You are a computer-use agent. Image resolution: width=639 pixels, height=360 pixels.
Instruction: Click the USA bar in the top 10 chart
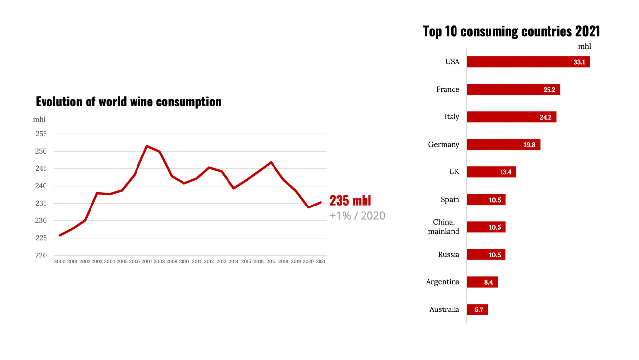[528, 62]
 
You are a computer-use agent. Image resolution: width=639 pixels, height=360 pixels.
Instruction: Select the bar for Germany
[503, 145]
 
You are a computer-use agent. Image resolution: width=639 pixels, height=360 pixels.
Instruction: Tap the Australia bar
[477, 309]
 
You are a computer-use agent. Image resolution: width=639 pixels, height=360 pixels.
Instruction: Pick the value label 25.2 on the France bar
[549, 90]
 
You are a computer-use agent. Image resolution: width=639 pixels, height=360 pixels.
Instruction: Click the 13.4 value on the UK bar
[505, 172]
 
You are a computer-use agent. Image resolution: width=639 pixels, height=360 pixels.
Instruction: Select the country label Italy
[452, 117]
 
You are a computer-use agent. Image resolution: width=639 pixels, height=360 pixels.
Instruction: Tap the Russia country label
[449, 255]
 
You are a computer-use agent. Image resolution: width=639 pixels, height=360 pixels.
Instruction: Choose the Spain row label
[450, 200]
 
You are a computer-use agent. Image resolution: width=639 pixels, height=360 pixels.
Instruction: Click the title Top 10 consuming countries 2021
[511, 31]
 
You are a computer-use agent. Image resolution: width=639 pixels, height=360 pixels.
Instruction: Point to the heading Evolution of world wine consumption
[129, 102]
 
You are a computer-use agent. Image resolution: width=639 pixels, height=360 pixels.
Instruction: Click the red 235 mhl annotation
[350, 201]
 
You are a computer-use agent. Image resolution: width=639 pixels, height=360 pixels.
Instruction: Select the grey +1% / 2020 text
[358, 216]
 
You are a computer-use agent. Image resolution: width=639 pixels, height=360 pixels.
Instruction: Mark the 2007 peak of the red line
[147, 146]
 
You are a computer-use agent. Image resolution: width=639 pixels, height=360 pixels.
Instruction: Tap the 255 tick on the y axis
[41, 134]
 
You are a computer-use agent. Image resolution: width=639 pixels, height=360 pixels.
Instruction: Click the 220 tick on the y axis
[41, 256]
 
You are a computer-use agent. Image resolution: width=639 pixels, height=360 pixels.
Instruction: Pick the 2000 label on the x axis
[60, 261]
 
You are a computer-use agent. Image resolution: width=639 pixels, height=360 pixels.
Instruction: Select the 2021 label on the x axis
[320, 261]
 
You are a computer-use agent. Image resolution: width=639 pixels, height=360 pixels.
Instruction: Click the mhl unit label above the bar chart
[584, 46]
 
